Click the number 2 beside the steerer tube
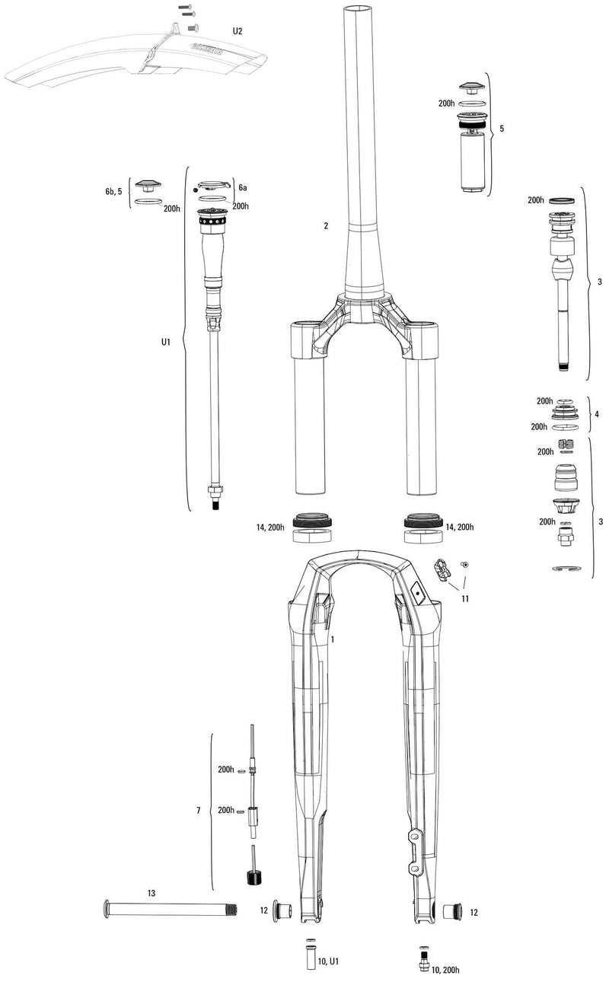coord(325,226)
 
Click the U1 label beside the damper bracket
coord(166,343)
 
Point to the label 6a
coord(243,187)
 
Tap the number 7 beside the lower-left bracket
coord(198,812)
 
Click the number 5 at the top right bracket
coord(501,129)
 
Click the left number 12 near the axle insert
coord(263,910)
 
